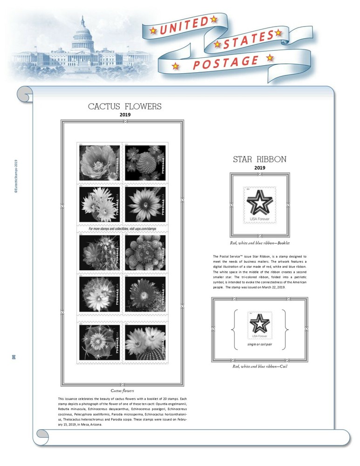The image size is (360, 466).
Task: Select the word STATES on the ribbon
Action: tap(248, 40)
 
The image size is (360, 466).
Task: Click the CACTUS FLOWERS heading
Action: tap(125, 107)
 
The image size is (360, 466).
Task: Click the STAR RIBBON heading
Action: tap(259, 160)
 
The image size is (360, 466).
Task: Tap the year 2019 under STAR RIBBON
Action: tap(259, 168)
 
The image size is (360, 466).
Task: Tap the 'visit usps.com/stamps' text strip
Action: tap(122, 229)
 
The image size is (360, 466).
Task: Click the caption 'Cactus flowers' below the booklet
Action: tap(122, 391)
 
